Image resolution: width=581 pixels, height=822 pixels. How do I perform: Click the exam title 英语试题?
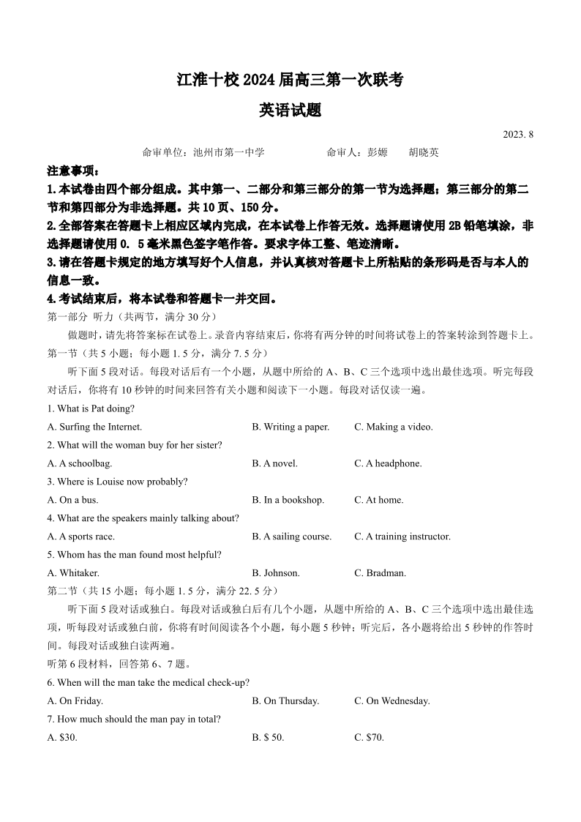tap(290, 111)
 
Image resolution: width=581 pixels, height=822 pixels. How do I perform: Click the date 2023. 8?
tap(518, 135)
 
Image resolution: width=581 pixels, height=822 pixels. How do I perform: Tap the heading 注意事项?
tap(73, 171)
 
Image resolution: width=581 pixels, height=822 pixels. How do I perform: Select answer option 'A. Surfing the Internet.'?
tap(95, 427)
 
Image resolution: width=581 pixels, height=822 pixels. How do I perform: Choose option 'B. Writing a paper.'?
tap(290, 427)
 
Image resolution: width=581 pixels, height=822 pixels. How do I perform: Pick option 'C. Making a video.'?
tap(394, 427)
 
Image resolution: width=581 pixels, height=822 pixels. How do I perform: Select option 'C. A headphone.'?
tap(388, 463)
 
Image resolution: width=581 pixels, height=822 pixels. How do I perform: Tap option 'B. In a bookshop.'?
tap(288, 500)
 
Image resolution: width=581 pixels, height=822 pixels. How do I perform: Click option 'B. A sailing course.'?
tap(291, 537)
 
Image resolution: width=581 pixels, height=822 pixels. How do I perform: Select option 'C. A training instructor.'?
tap(402, 537)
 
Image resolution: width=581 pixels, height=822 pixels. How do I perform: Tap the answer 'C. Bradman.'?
tap(380, 573)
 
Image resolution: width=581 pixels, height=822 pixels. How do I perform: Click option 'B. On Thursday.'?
tap(285, 701)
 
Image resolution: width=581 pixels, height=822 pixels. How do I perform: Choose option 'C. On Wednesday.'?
tap(392, 701)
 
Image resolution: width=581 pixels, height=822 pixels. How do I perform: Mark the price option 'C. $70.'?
tap(369, 738)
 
